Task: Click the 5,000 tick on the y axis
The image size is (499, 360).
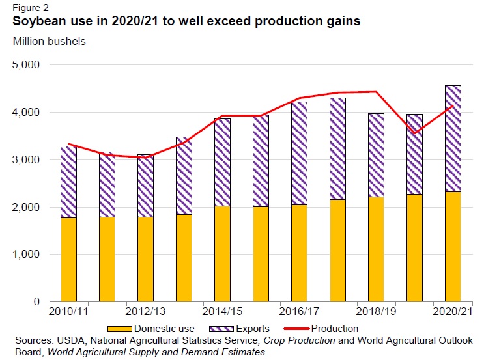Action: coord(25,65)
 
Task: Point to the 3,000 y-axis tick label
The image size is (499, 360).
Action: coord(25,160)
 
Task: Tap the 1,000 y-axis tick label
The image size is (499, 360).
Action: coord(25,255)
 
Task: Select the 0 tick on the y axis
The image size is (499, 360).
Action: coord(36,302)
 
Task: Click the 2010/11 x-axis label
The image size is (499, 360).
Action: coord(69,312)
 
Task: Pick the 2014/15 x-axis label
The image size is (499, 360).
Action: coord(223,312)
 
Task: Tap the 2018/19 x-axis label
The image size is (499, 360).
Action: coord(376,312)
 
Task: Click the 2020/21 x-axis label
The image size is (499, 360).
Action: coord(452,312)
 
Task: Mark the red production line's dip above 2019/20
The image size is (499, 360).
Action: coord(415,133)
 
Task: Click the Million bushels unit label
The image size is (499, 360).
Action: coord(49,41)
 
